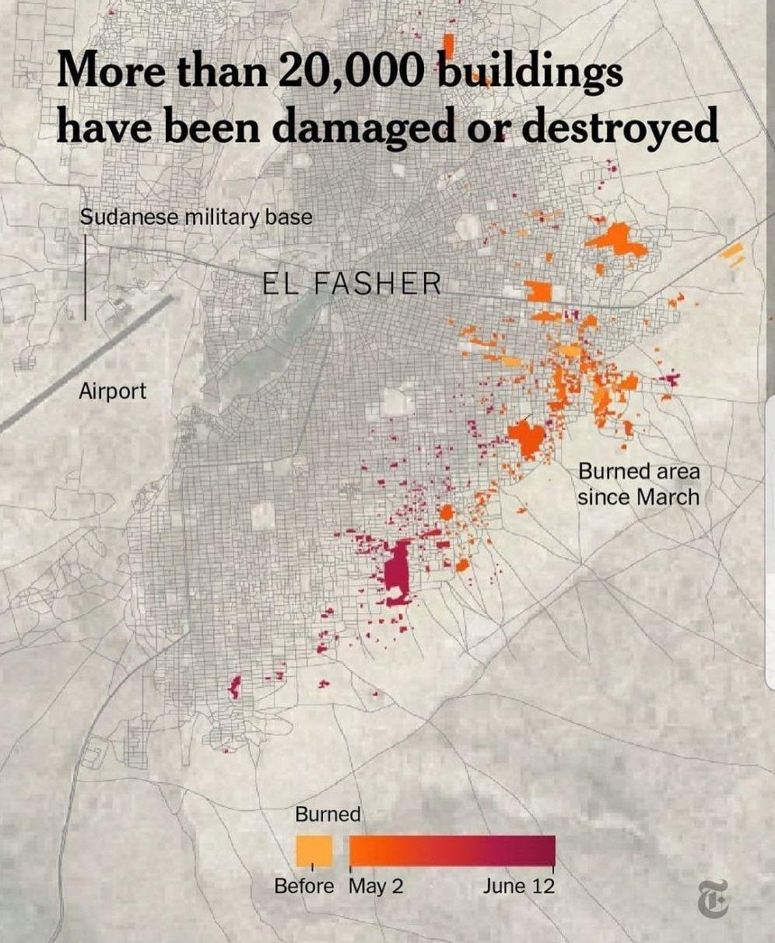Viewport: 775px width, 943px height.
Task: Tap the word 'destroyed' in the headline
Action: (x=620, y=127)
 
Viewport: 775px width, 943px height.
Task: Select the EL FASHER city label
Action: (x=351, y=284)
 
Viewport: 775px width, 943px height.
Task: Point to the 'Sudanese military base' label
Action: (x=196, y=217)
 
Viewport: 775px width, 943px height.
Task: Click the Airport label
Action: (x=112, y=390)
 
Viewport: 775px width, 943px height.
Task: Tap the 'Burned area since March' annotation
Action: (x=638, y=484)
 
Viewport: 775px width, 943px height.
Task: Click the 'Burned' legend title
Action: (x=328, y=814)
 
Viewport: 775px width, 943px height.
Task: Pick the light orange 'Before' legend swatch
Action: (x=314, y=850)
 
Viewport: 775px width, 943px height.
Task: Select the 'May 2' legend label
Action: (x=376, y=886)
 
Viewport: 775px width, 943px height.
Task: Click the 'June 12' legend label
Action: (x=518, y=886)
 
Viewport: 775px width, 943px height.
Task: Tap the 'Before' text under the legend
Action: (x=303, y=886)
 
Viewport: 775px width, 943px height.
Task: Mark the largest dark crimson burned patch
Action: (x=398, y=571)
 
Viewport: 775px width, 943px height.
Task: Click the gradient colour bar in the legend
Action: (x=452, y=850)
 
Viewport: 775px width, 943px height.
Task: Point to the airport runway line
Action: (x=93, y=358)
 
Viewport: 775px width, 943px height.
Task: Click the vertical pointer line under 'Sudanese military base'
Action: (x=86, y=276)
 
